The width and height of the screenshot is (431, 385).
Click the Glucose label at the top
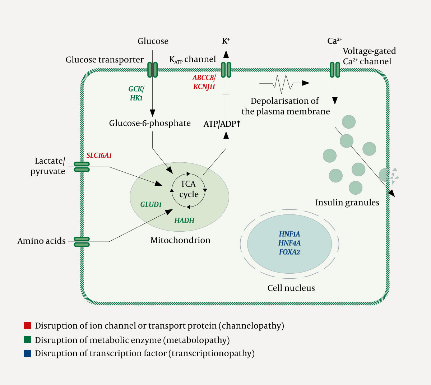tap(153, 41)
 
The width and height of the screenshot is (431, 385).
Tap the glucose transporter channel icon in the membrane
tap(153, 69)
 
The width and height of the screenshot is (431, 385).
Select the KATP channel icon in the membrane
tap(226, 69)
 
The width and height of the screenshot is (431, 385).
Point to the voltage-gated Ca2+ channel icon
tap(335, 69)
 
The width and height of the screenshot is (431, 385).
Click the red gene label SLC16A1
tap(99, 156)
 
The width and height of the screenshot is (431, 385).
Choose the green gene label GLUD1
tap(151, 205)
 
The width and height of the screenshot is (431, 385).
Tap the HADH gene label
tap(184, 221)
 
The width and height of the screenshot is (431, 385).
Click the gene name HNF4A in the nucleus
tap(289, 243)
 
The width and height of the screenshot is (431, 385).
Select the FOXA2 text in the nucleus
tap(289, 252)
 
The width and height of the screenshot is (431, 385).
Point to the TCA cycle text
tap(189, 189)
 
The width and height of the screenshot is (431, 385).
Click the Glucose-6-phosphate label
tap(150, 123)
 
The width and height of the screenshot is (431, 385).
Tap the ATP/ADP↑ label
tap(222, 124)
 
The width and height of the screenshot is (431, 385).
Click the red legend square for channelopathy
tap(27, 326)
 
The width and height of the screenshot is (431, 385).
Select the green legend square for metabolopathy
tap(27, 340)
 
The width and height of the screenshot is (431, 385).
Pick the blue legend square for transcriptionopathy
tap(27, 353)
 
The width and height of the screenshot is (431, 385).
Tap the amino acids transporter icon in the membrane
tap(82, 242)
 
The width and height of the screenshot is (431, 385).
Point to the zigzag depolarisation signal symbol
tap(284, 83)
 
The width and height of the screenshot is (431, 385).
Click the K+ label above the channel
tap(226, 41)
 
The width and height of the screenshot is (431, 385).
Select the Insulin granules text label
tap(347, 203)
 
